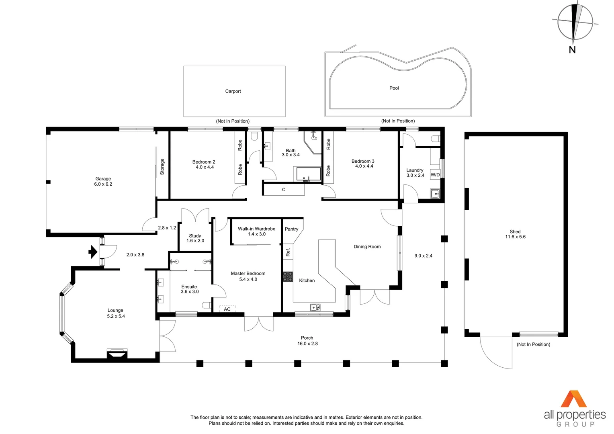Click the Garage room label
click(x=103, y=179)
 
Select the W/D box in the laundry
click(x=435, y=175)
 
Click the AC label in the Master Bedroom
click(x=227, y=309)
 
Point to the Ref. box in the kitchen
click(x=288, y=252)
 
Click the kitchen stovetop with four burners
click(x=288, y=276)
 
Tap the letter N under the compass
click(x=572, y=50)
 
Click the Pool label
click(x=394, y=88)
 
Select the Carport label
click(x=233, y=91)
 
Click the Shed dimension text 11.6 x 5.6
click(x=515, y=237)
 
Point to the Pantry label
click(x=291, y=229)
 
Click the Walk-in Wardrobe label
click(x=256, y=229)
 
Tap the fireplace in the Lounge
click(x=117, y=354)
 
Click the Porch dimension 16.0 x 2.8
click(x=307, y=344)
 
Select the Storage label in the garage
click(x=162, y=166)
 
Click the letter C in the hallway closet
click(x=284, y=190)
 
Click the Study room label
click(x=195, y=236)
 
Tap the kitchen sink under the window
click(x=315, y=308)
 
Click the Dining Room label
click(x=367, y=247)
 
